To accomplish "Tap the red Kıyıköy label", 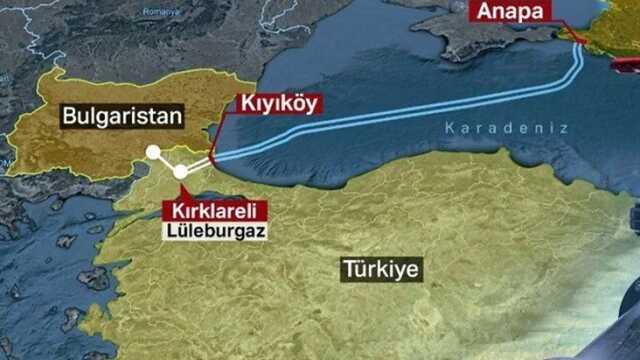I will pos(278,102).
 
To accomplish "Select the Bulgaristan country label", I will pos(122,116).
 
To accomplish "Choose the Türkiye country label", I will pos(381,270).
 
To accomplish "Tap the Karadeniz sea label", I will pos(506,129).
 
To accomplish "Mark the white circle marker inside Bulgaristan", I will pos(153,153).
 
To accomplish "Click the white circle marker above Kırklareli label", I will pos(180,171).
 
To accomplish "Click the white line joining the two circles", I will pos(166,162).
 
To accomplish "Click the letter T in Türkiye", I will pos(346,270).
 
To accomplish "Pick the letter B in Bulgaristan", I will pos(68,116).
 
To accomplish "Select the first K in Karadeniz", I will pos(449,129).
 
